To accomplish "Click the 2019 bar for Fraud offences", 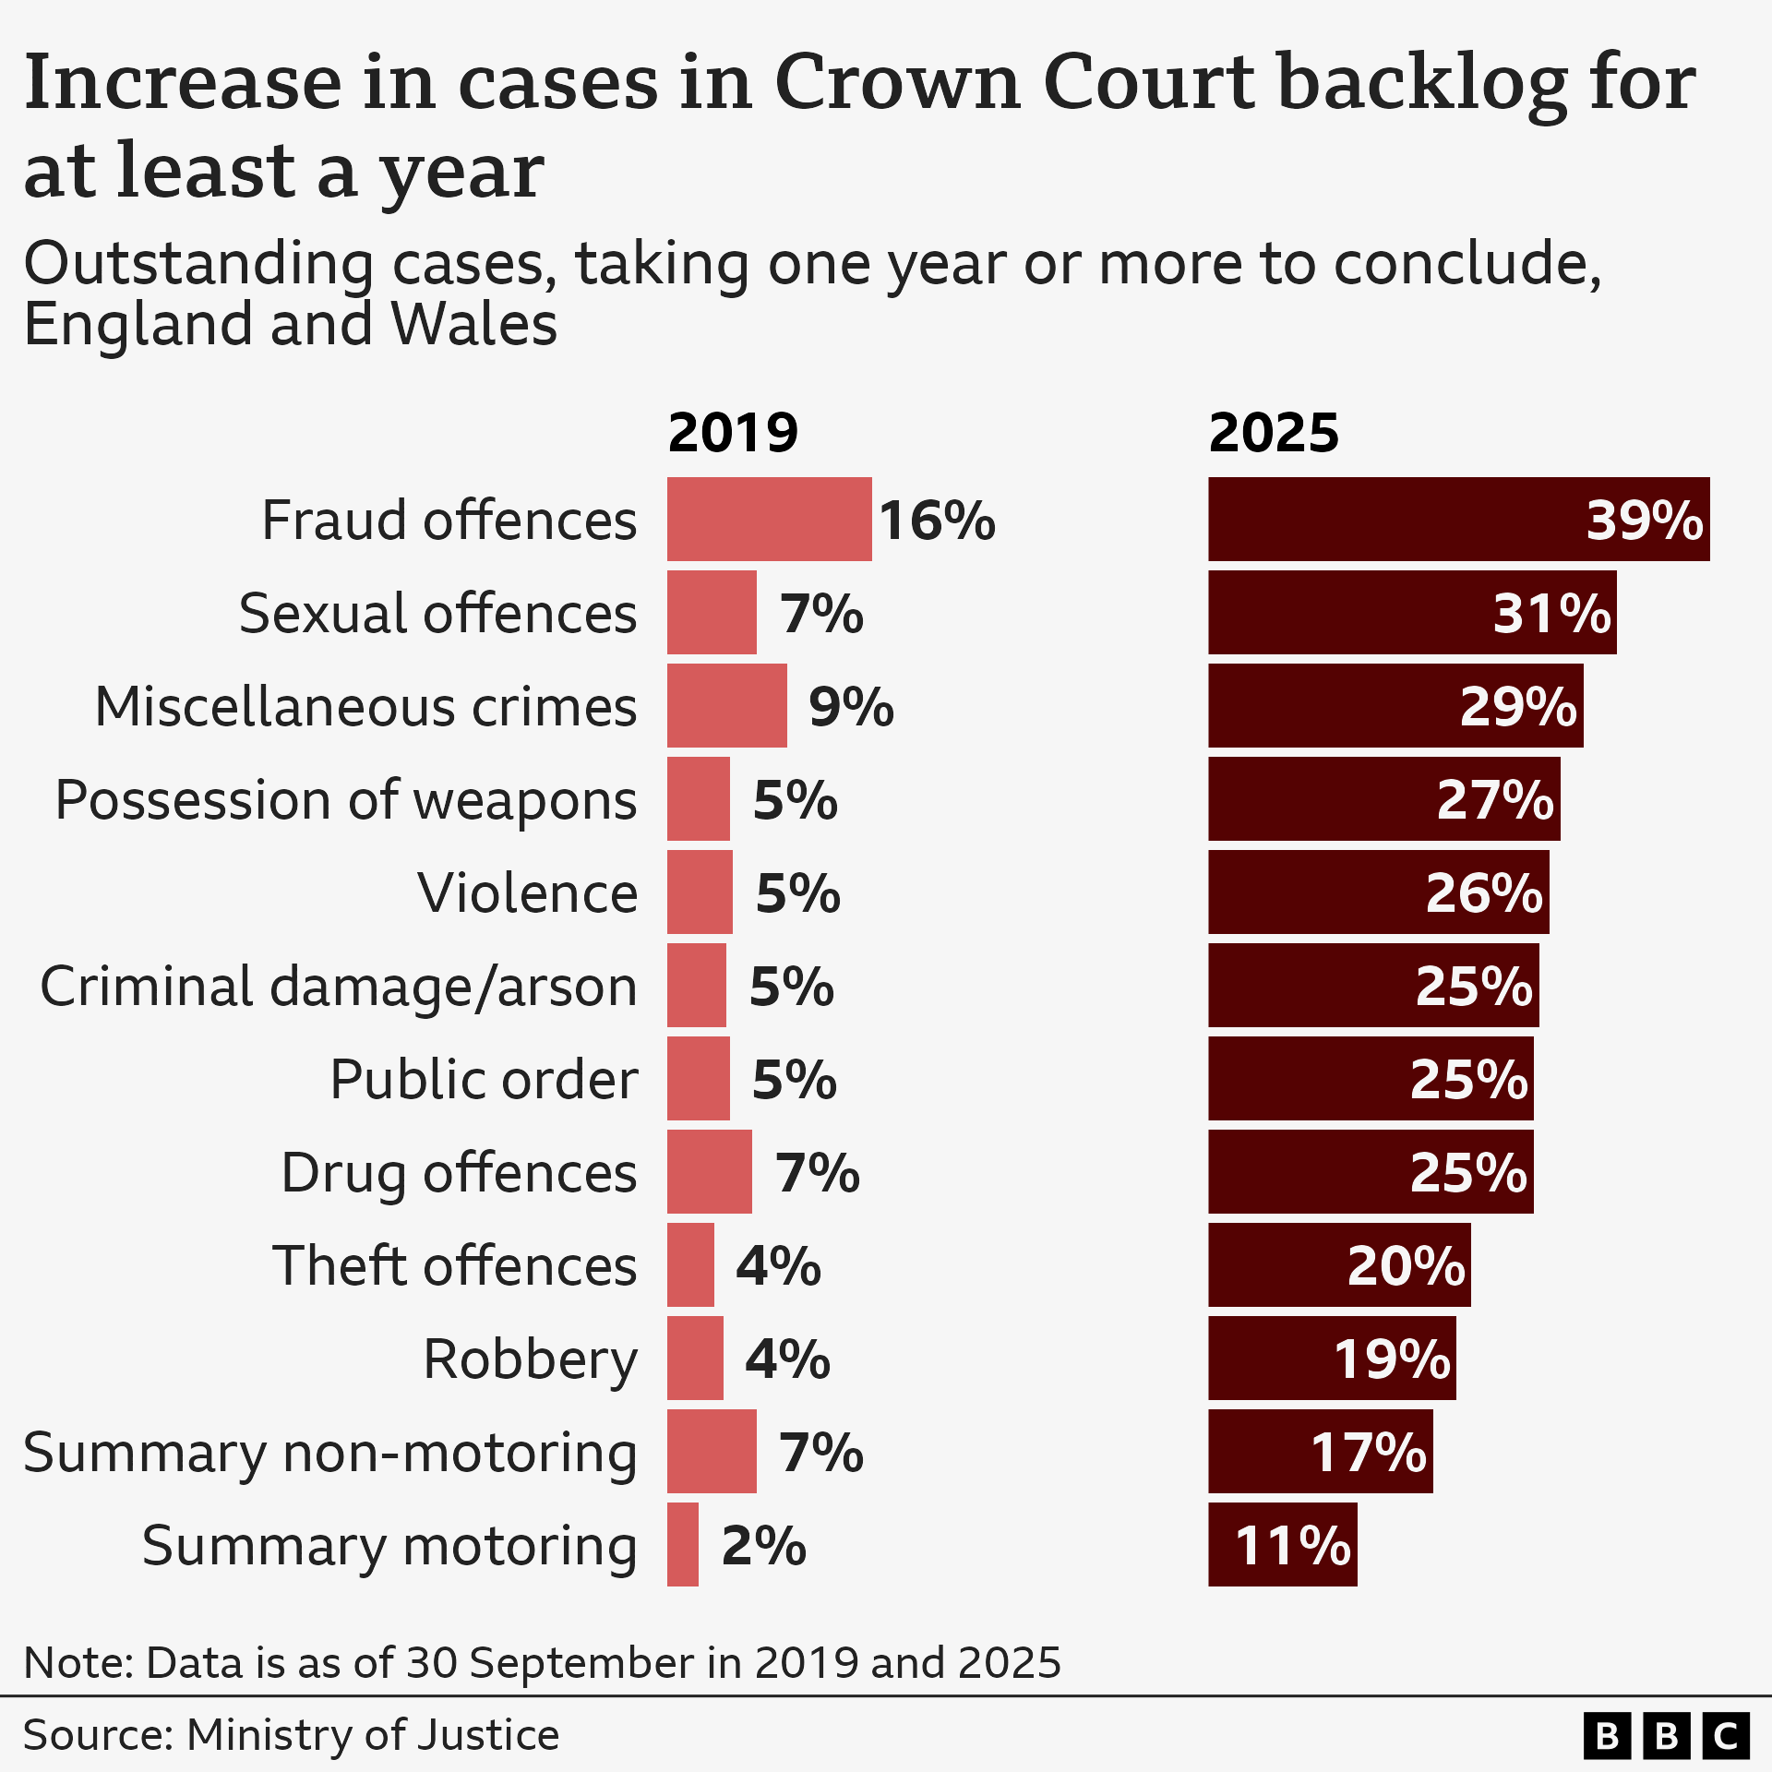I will (769, 519).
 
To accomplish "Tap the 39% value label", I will (1644, 521).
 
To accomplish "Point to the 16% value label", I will (936, 521).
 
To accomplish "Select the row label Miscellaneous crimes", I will (366, 707).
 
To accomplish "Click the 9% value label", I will (851, 707).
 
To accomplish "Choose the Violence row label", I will (527, 893).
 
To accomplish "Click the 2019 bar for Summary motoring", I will (683, 1545).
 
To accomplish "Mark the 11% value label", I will (1292, 1546).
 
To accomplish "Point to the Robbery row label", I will (530, 1359).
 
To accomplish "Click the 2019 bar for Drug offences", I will (709, 1172).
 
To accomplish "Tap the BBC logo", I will (1666, 1737).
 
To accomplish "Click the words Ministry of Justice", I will (373, 1735).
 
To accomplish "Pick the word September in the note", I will (582, 1663).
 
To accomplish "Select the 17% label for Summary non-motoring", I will (1368, 1453).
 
